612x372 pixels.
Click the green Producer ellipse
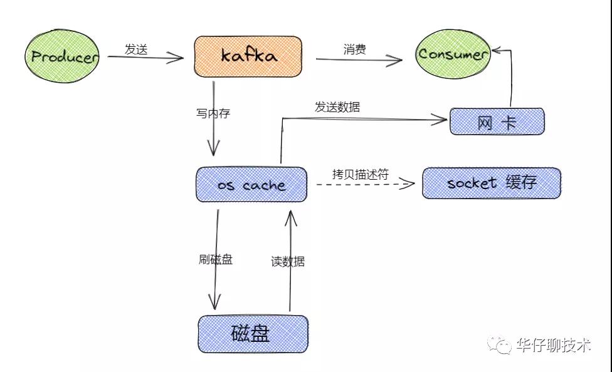coord(62,56)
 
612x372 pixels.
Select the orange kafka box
coord(248,56)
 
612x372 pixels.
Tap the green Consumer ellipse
coord(453,54)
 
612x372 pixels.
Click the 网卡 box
coord(497,121)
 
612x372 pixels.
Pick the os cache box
coord(251,185)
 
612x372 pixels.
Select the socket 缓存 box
coord(492,183)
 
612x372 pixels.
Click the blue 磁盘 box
coord(253,334)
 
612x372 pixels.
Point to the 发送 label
coord(136,49)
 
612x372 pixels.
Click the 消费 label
coord(355,49)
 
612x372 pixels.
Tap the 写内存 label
coord(213,113)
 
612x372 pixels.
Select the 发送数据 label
coord(337,107)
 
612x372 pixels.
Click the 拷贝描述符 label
coord(361,174)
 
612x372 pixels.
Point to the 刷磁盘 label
coord(216,259)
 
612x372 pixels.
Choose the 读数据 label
coord(288,261)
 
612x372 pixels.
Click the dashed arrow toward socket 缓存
coord(366,184)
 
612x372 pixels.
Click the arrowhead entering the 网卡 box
coord(440,120)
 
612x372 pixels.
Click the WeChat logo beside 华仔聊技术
coord(499,344)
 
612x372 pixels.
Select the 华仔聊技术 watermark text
coord(554,344)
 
